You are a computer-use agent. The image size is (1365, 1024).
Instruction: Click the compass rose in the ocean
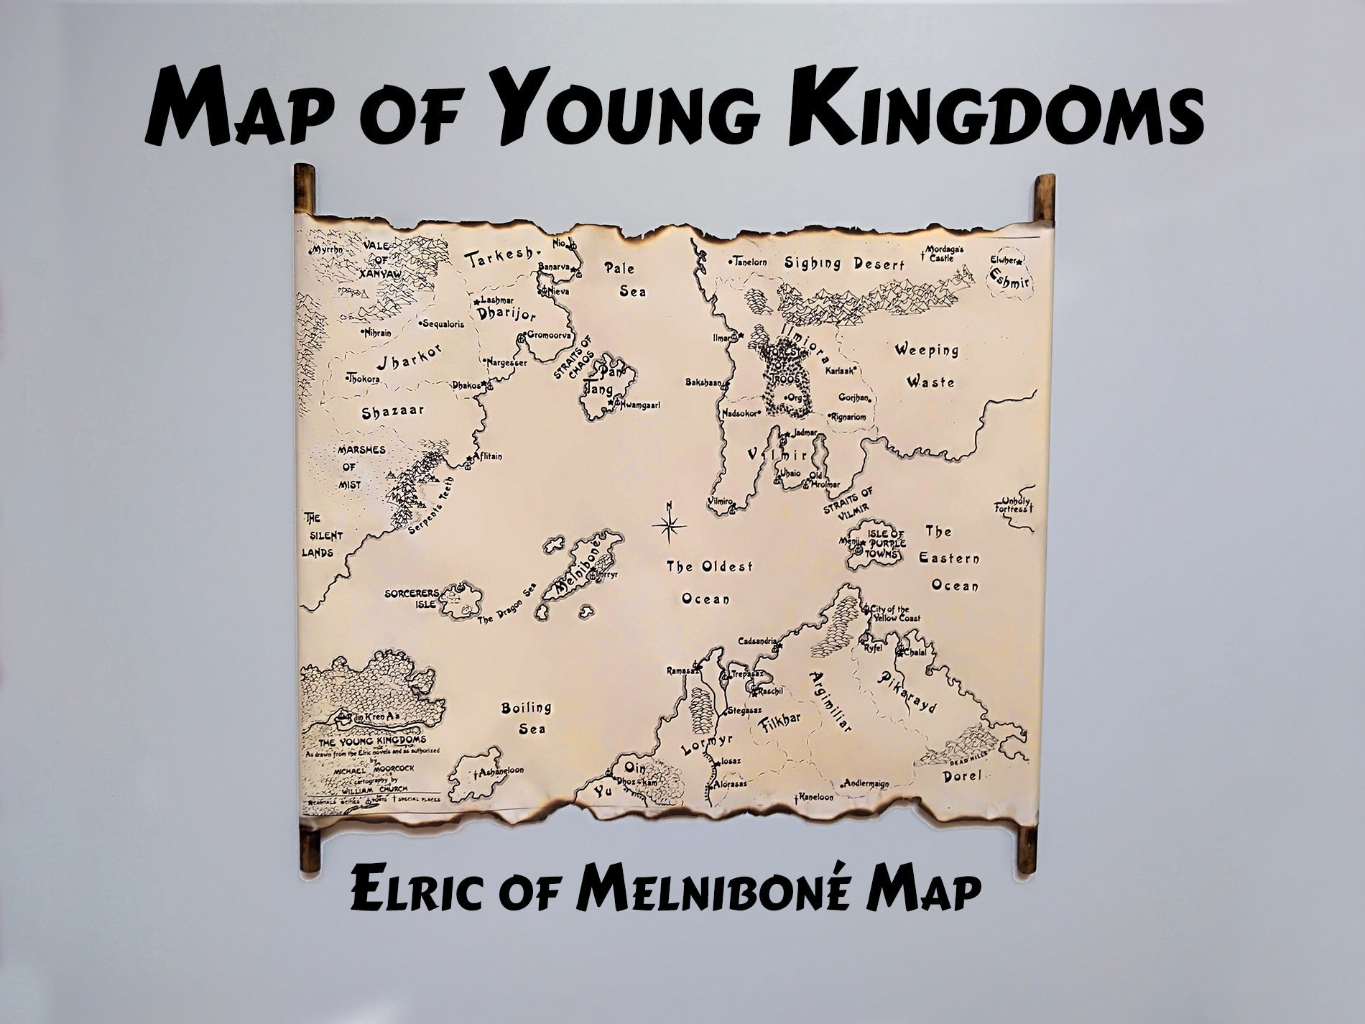click(x=669, y=526)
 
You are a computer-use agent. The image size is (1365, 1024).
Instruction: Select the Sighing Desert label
click(x=844, y=264)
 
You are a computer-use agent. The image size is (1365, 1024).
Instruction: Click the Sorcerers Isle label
click(x=411, y=599)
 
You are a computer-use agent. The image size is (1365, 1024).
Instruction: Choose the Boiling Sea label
click(x=527, y=718)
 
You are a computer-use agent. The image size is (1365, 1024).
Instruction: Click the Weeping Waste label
click(x=927, y=366)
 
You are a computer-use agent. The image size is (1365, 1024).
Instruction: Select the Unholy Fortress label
click(x=1013, y=505)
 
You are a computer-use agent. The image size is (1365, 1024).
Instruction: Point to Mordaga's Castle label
click(x=948, y=253)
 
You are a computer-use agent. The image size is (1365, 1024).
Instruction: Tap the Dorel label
click(x=961, y=776)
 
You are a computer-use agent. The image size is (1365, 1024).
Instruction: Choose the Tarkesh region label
click(x=501, y=259)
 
